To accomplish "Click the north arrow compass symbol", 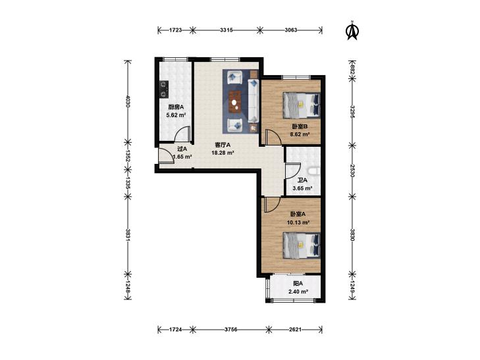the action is [x=352, y=30].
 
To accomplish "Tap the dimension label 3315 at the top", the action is [x=227, y=30].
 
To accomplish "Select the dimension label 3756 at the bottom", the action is [x=231, y=330].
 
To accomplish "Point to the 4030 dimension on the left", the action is [x=128, y=101].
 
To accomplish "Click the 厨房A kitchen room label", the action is [x=176, y=107].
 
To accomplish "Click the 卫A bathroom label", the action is [x=302, y=180].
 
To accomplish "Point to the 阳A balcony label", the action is [x=298, y=284].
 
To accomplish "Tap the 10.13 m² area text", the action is [x=298, y=222].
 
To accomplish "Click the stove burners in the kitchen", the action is [x=163, y=89].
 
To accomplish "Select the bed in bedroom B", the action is [x=302, y=105].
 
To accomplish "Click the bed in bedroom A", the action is [x=302, y=245].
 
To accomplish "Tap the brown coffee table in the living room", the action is [x=235, y=103].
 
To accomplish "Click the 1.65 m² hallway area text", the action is [x=182, y=157].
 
